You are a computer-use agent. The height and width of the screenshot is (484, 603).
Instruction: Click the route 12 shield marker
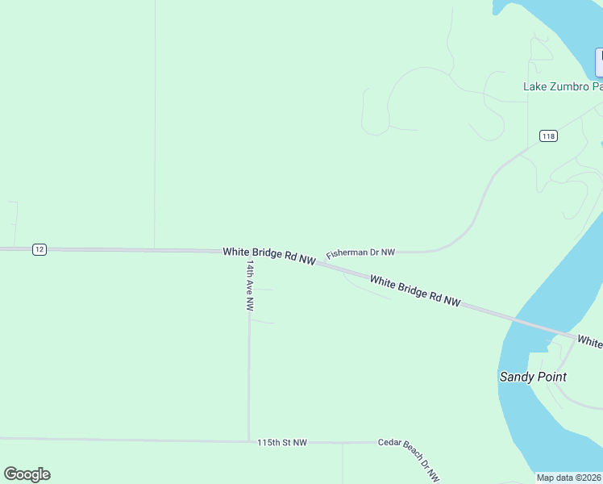40,249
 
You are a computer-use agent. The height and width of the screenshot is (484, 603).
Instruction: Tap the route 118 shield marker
549,136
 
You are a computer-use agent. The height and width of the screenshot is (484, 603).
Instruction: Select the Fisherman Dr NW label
360,253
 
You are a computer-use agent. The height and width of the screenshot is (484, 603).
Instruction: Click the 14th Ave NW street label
251,286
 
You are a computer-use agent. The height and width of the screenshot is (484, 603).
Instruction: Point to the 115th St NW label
282,443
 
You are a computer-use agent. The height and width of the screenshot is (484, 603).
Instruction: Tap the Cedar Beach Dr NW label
409,461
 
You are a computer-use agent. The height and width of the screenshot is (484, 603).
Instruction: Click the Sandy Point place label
533,377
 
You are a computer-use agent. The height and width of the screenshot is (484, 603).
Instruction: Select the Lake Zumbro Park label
563,86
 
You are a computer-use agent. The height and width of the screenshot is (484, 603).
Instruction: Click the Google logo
27,474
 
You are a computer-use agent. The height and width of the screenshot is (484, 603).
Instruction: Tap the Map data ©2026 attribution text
569,478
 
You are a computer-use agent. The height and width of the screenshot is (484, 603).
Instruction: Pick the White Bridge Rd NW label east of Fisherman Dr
415,290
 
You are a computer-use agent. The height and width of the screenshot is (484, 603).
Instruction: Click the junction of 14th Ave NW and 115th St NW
249,441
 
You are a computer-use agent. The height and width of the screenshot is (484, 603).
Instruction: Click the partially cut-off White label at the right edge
590,343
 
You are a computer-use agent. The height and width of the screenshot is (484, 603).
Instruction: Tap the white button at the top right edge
599,62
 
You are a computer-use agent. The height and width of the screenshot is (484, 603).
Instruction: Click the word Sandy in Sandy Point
517,377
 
